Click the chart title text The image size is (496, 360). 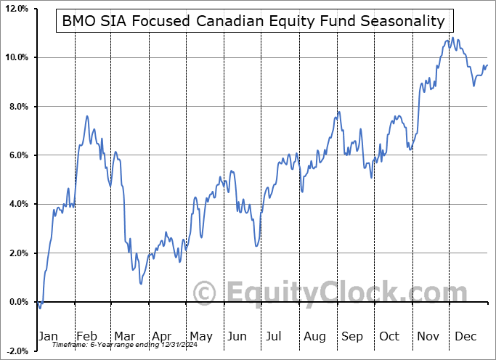click(253, 21)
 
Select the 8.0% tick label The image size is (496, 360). click(18, 107)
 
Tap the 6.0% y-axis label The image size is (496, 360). click(18, 155)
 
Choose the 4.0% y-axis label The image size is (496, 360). click(18, 205)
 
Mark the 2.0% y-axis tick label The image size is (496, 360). click(18, 253)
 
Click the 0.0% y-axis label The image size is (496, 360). click(18, 302)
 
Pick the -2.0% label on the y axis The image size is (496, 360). click(17, 351)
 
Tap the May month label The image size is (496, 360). click(200, 336)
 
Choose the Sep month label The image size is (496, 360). click(352, 336)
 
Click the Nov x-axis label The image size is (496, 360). click(428, 336)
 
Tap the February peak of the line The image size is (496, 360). click(87, 116)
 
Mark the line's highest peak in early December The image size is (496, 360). click(452, 38)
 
